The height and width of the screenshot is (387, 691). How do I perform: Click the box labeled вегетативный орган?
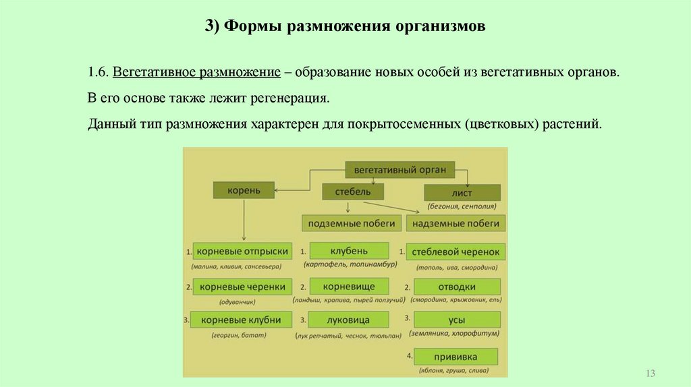pyautogui.click(x=400, y=170)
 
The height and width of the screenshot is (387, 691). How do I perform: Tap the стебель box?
pyautogui.click(x=353, y=191)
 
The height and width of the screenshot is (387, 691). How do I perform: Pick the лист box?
pyautogui.click(x=462, y=192)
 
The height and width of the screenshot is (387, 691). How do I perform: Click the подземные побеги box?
pyautogui.click(x=351, y=223)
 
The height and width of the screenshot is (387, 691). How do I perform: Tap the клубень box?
pyautogui.click(x=348, y=251)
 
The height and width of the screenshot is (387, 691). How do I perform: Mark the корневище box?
pyautogui.click(x=349, y=287)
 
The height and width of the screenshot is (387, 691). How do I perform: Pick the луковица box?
pyautogui.click(x=349, y=320)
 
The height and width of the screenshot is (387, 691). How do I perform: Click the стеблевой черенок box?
pyautogui.click(x=457, y=252)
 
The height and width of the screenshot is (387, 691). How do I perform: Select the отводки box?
pyautogui.click(x=457, y=287)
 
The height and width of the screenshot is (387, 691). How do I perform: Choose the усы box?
pyautogui.click(x=457, y=320)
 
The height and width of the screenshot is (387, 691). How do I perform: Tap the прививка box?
pyautogui.click(x=456, y=356)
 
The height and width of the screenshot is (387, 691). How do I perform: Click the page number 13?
pyautogui.click(x=651, y=374)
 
